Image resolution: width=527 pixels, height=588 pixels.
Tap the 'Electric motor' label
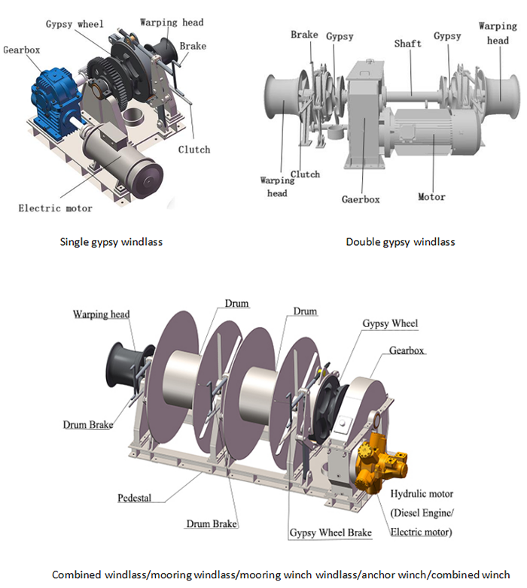(x=56, y=208)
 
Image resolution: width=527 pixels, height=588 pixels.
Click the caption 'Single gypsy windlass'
(x=111, y=242)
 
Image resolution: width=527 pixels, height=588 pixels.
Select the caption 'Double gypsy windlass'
(x=401, y=242)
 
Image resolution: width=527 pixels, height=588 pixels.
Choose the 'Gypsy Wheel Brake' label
(x=331, y=532)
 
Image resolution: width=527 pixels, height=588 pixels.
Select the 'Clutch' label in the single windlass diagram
(x=193, y=149)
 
